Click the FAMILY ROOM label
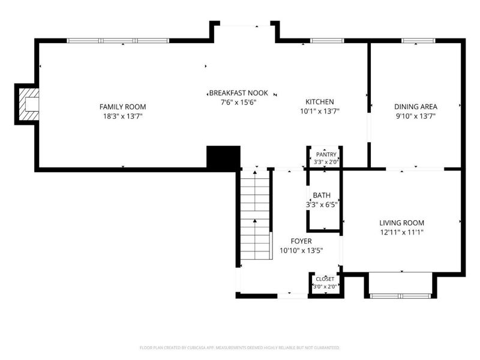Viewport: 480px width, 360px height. click(122, 107)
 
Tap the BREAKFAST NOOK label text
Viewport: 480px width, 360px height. click(238, 93)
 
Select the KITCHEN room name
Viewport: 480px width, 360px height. click(320, 102)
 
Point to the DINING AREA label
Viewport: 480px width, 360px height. click(415, 107)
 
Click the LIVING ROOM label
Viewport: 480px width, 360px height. click(401, 223)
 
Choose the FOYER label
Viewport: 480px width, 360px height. click(301, 241)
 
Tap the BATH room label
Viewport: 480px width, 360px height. click(322, 196)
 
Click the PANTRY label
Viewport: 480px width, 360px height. click(326, 155)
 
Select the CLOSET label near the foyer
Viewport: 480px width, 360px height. click(325, 279)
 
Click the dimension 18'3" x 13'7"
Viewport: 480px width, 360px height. click(123, 116)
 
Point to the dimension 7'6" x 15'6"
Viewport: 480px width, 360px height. click(238, 102)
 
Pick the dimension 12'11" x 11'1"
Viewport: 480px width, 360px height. click(401, 232)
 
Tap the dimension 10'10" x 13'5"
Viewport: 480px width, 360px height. click(301, 251)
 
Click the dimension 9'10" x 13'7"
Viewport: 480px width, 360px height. click(416, 116)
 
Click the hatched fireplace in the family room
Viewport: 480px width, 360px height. click(29, 104)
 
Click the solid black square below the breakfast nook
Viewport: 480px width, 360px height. click(223, 157)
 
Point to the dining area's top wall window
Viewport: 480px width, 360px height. click(418, 41)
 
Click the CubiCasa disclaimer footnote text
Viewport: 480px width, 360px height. click(239, 348)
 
